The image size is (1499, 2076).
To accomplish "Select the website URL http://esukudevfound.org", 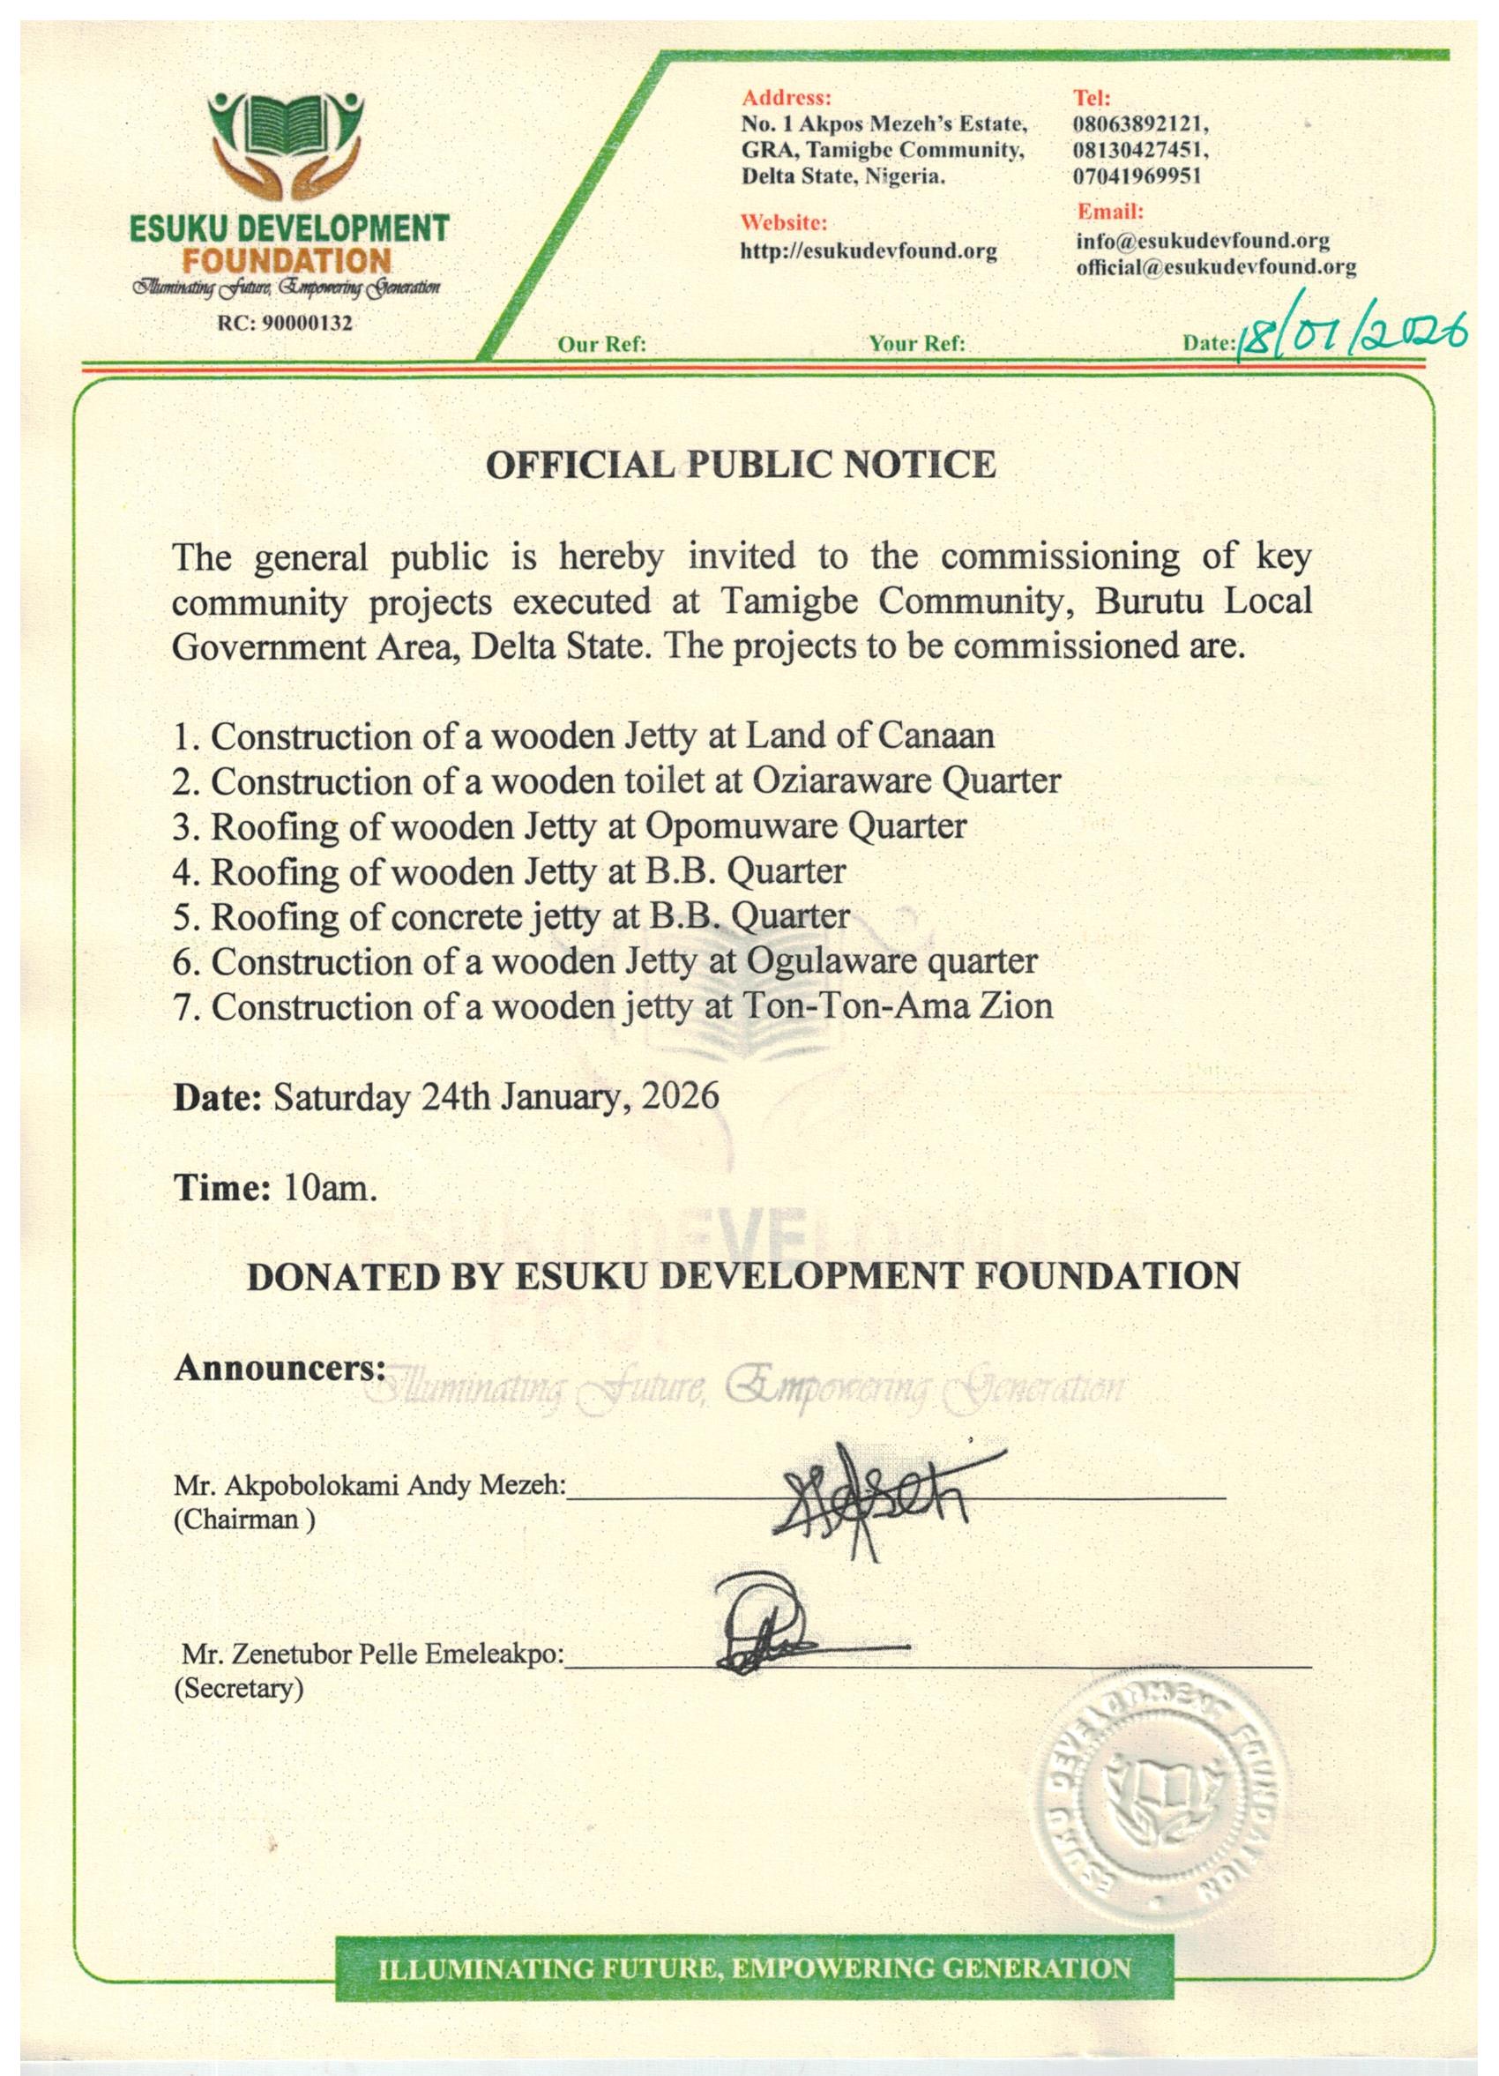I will pos(867,249).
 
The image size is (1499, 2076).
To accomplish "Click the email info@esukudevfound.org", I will pos(1202,241).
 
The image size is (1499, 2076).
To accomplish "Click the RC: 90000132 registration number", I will pos(285,323).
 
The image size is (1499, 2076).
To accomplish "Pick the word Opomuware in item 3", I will pos(744,825).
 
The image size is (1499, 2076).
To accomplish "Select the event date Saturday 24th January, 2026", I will pos(497,1096).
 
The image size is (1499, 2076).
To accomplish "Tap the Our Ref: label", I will pos(601,344).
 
